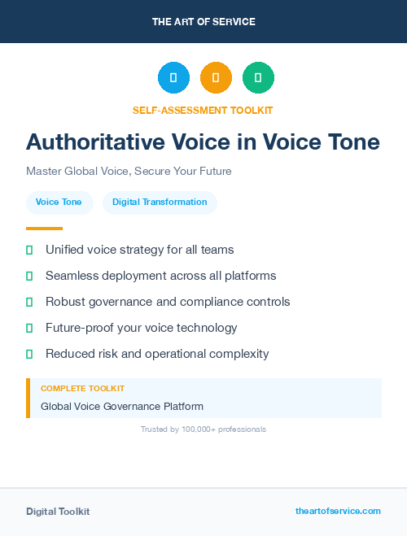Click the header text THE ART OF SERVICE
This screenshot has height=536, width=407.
click(x=203, y=22)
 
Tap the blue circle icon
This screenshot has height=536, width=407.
click(x=173, y=78)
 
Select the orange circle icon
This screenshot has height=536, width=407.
click(x=216, y=78)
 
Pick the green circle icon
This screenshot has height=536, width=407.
click(x=258, y=78)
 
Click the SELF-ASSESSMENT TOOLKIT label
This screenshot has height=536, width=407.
click(x=203, y=110)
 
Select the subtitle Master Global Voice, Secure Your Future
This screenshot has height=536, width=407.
click(x=129, y=172)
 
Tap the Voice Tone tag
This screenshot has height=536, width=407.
click(x=59, y=202)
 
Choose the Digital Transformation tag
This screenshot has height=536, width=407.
click(x=160, y=202)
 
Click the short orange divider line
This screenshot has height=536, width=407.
click(x=44, y=229)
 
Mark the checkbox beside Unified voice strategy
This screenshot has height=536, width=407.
click(x=29, y=250)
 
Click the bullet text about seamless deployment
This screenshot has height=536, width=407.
click(x=160, y=276)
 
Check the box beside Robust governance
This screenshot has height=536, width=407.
click(x=29, y=302)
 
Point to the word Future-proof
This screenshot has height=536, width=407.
click(x=81, y=328)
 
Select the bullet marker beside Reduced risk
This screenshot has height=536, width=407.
click(x=29, y=354)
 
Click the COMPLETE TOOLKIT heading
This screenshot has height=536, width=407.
click(x=82, y=389)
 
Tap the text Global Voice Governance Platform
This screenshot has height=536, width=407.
click(x=122, y=406)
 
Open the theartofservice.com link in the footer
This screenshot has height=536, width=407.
click(x=338, y=511)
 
